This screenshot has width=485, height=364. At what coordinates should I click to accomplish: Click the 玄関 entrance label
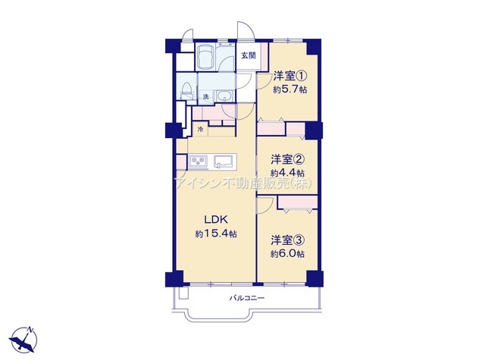click(x=249, y=55)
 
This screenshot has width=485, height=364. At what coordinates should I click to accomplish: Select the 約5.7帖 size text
click(x=289, y=89)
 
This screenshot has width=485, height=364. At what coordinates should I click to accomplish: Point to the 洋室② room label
click(x=288, y=160)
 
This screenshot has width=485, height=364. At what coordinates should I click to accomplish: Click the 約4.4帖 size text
click(x=287, y=173)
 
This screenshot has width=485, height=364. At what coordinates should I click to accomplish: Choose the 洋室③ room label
click(x=288, y=240)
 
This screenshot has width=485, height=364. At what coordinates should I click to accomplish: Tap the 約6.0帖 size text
click(x=287, y=254)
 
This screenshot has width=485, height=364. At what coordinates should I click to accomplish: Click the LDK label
click(x=216, y=220)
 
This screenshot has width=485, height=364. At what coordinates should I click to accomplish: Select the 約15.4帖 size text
click(x=216, y=234)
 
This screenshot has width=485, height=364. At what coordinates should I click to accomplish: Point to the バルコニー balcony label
click(x=247, y=298)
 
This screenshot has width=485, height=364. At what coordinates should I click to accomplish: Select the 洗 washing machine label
click(x=205, y=96)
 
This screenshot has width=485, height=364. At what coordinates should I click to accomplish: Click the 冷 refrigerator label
click(x=200, y=129)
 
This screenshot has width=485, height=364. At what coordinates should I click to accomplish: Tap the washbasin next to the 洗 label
click(x=225, y=96)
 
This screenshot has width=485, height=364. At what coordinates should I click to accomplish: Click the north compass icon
click(x=23, y=340)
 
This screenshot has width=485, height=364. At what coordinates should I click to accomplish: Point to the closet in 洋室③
click(x=298, y=202)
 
